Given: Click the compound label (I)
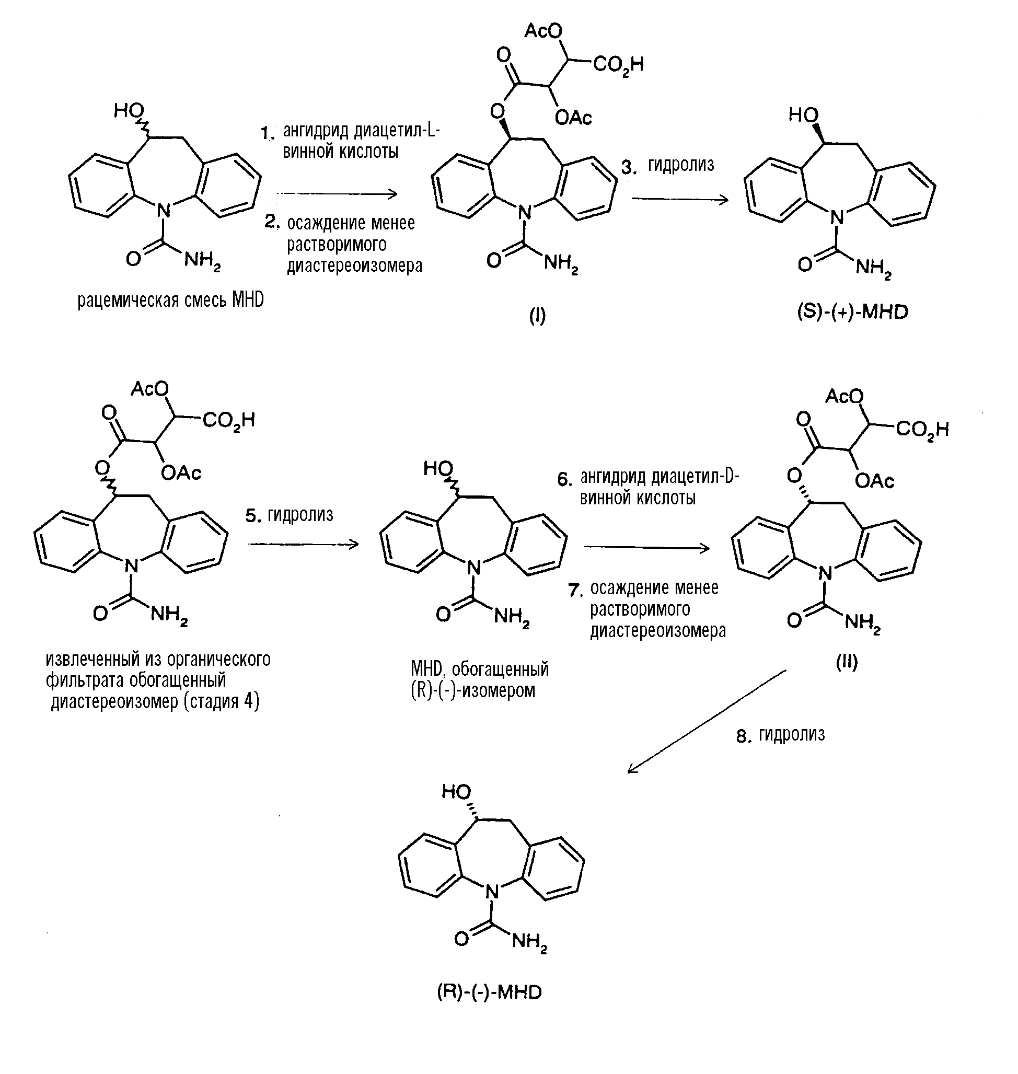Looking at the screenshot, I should coord(537,316).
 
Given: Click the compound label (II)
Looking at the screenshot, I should coord(847,662).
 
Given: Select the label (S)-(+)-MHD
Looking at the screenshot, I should coord(852,312).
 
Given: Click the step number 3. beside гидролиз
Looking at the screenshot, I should coord(629,167).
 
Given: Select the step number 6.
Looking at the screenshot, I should coord(565,480).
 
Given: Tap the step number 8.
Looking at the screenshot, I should coord(744,736).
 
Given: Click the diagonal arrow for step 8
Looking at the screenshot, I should coord(705,721).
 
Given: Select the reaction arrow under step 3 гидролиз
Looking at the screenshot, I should coord(680,200).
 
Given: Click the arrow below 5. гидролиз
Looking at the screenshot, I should coord(303,544).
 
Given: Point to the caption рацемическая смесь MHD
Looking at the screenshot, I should coord(170,300).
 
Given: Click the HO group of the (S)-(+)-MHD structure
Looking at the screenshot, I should coord(803,115).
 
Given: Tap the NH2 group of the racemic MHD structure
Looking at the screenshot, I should coord(202,261).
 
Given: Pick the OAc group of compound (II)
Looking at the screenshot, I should coord(874,481).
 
